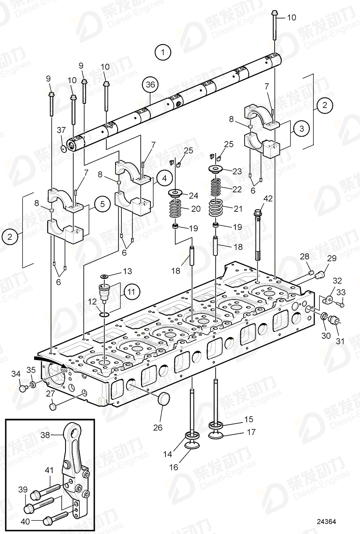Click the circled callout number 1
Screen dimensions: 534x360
coord(163,52)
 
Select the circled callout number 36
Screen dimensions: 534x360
coord(150,85)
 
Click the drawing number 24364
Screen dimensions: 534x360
coord(326,521)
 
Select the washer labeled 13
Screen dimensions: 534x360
coord(104,276)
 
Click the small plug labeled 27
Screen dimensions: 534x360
coord(52,405)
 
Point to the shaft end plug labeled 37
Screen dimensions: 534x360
coord(64,149)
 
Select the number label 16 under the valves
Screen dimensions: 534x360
coord(174,467)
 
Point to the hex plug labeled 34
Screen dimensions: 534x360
coord(23,388)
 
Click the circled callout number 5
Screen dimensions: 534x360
coord(102,204)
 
